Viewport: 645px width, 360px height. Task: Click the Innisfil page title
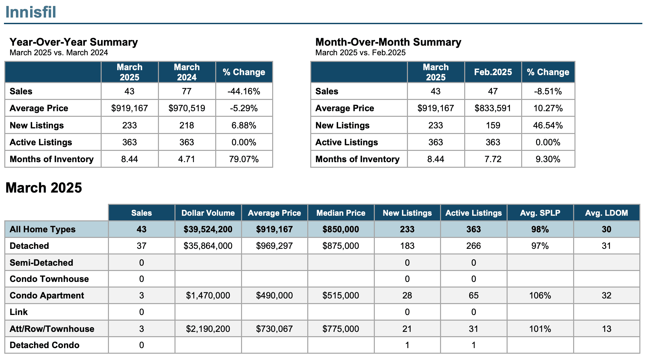point(31,12)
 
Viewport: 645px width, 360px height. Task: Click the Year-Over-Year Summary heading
point(74,42)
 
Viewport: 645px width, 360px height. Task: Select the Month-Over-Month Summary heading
point(388,42)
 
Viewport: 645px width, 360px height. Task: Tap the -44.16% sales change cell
point(244,91)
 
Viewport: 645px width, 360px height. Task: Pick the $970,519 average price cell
point(187,108)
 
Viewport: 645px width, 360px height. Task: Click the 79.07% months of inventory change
point(244,159)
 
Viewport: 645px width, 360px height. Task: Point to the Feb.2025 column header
point(493,72)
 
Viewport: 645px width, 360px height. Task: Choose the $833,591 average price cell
point(493,108)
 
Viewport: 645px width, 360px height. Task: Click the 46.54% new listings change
point(548,125)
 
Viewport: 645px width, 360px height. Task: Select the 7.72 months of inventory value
point(493,159)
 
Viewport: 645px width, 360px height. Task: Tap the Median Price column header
point(341,213)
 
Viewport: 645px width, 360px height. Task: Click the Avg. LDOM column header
point(606,213)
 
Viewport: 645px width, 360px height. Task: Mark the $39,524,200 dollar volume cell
point(208,229)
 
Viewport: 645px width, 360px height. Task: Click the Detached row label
point(29,246)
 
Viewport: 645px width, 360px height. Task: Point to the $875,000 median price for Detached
point(341,246)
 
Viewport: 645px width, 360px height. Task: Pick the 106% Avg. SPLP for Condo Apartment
point(540,295)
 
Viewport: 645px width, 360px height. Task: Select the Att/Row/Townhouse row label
point(52,329)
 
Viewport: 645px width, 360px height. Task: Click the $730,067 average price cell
point(274,329)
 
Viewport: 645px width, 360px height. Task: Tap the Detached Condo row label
point(45,345)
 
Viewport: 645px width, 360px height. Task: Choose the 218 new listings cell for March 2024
point(187,125)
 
